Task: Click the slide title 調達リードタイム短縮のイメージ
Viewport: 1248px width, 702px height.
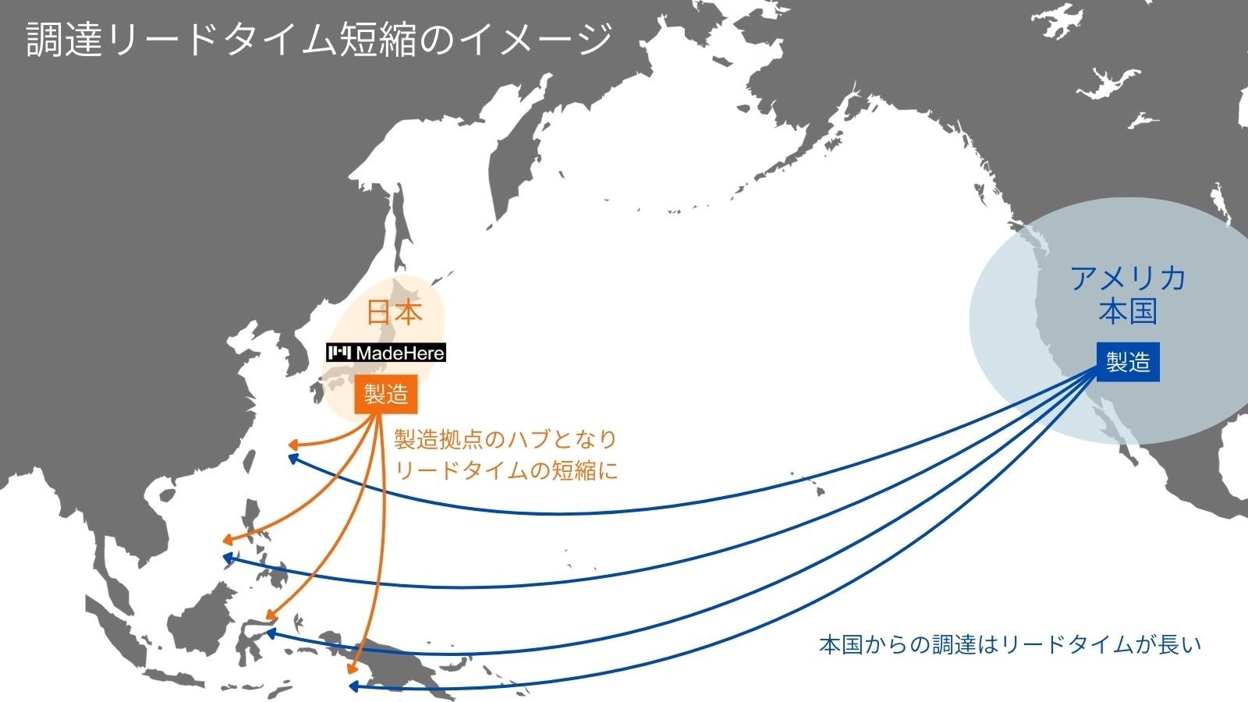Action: click(x=319, y=39)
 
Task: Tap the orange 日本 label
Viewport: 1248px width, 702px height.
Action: click(x=395, y=313)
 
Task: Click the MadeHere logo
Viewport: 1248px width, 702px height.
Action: click(x=386, y=353)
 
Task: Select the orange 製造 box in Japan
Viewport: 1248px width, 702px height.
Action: click(x=385, y=395)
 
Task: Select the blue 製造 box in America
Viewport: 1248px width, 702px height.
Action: click(x=1128, y=362)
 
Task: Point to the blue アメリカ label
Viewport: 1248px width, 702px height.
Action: click(x=1127, y=278)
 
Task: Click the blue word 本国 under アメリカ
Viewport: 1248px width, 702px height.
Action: click(x=1127, y=311)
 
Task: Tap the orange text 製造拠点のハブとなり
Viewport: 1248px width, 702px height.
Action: click(x=505, y=440)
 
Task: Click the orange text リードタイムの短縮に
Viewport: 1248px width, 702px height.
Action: click(x=505, y=470)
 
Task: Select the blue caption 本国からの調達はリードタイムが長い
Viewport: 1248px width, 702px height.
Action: click(x=1010, y=645)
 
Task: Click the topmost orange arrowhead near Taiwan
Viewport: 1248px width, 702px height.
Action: click(x=293, y=445)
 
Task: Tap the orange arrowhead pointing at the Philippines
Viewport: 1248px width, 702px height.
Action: click(x=227, y=540)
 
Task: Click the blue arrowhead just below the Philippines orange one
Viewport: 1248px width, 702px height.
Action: click(x=228, y=558)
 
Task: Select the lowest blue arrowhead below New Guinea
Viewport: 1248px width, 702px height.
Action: click(x=353, y=686)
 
